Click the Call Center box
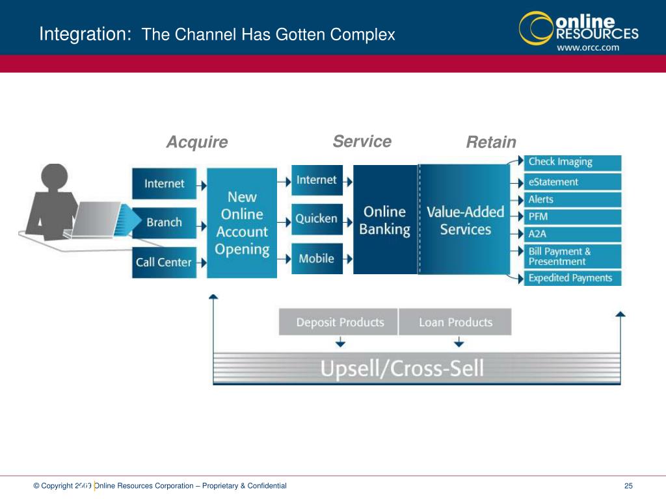pos(164,262)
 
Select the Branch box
pos(164,222)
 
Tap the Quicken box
pos(317,219)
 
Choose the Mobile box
pos(317,259)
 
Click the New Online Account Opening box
pos(242,223)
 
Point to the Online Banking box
pos(385,220)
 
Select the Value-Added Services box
pos(465,220)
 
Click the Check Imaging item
pos(573,162)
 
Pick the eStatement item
pos(573,182)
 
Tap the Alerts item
pos(573,199)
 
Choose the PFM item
pos(573,217)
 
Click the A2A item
pos(573,235)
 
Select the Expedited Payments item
pos(573,278)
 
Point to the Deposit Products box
pos(339,322)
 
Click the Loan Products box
pos(455,322)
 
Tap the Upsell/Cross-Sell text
pos(402,369)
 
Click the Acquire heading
pos(197,142)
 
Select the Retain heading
pos(491,142)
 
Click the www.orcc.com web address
pos(587,47)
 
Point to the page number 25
pos(628,486)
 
